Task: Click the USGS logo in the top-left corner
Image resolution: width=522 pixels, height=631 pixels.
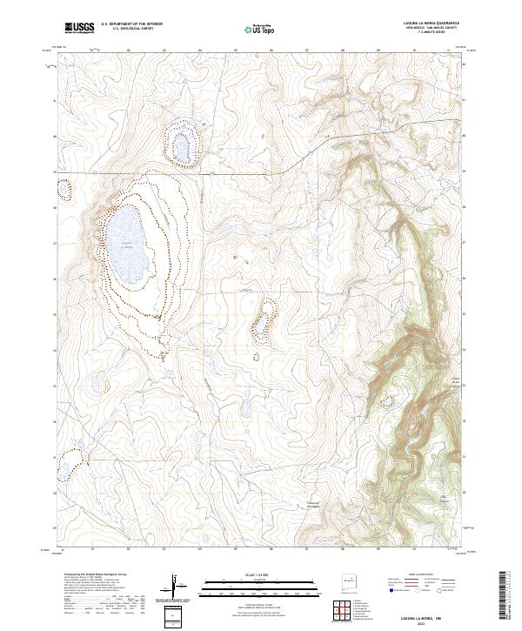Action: pyautogui.click(x=79, y=28)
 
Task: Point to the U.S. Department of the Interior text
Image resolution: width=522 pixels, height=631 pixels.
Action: pyautogui.click(x=130, y=24)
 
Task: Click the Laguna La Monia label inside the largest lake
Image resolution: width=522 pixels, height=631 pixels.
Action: pyautogui.click(x=127, y=245)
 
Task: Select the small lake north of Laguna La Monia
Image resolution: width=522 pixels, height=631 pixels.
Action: pyautogui.click(x=183, y=144)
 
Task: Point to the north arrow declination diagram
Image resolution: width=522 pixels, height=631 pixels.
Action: pyautogui.click(x=177, y=590)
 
